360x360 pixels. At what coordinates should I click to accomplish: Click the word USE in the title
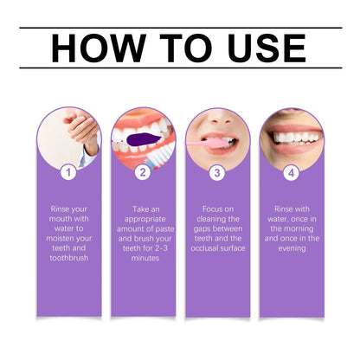pyautogui.click(x=265, y=48)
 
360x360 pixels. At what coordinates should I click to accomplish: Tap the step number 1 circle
pyautogui.click(x=69, y=172)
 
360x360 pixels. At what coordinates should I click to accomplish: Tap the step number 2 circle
pyautogui.click(x=143, y=172)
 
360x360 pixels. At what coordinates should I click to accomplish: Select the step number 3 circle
pyautogui.click(x=217, y=172)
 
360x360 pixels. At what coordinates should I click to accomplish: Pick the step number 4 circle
pyautogui.click(x=292, y=172)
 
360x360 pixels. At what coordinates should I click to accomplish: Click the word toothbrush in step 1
pyautogui.click(x=69, y=257)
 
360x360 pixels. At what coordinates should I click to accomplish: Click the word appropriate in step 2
pyautogui.click(x=143, y=221)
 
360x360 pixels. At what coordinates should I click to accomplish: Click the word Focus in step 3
pyautogui.click(x=205, y=209)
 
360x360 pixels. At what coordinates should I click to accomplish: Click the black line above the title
pyautogui.click(x=180, y=28)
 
